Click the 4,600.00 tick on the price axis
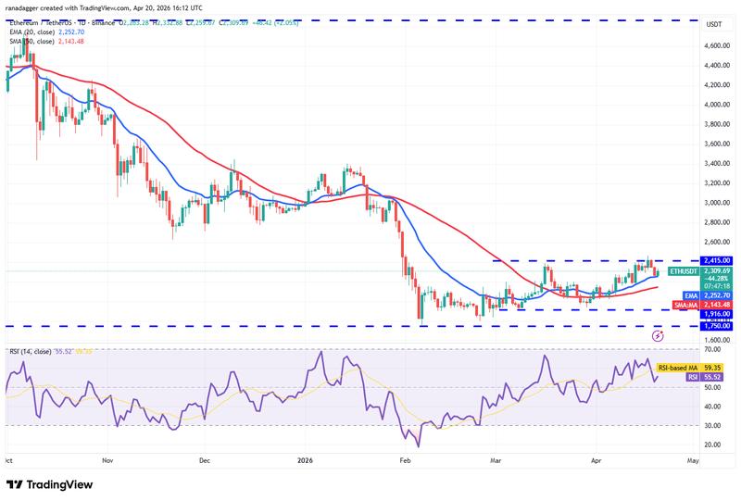pos(716,44)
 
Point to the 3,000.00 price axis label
pos(716,203)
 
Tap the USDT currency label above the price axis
pos(714,23)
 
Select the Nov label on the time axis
pos(107,458)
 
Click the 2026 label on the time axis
pos(306,458)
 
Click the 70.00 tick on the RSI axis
pos(714,349)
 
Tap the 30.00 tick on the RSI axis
pos(714,425)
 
